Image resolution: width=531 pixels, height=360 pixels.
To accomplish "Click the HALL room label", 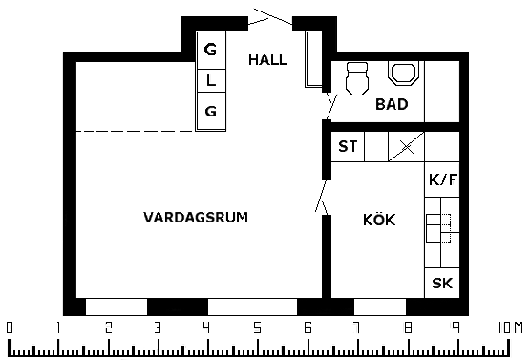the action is click(x=267, y=60).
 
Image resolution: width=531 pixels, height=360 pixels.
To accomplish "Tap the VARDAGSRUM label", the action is click(x=196, y=218).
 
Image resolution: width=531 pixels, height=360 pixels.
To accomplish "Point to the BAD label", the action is click(x=392, y=104).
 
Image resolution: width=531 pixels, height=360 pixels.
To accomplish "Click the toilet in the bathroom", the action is click(x=357, y=78).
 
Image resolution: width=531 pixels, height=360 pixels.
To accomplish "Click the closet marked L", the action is click(x=211, y=80).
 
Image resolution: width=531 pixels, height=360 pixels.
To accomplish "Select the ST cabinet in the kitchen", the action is click(x=348, y=147).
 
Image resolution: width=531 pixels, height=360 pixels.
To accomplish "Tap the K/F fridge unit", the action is click(x=442, y=180).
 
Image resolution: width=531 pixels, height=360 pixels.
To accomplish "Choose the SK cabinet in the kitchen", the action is click(x=442, y=283).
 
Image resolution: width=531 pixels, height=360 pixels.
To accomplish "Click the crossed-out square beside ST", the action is click(x=407, y=147).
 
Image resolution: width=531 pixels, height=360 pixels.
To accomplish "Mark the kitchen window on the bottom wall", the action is click(x=380, y=307).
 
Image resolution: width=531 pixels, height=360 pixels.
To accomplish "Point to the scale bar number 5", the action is click(x=257, y=328).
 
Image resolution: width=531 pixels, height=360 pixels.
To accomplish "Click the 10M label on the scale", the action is click(x=510, y=328).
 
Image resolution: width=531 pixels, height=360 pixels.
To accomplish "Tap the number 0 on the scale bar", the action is click(x=10, y=328).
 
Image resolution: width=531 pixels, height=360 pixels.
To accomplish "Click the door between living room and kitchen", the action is click(x=323, y=197).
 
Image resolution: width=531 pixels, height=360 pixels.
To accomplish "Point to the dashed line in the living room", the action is click(x=136, y=131).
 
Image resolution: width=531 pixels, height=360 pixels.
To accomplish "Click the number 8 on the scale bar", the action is click(x=409, y=328).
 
